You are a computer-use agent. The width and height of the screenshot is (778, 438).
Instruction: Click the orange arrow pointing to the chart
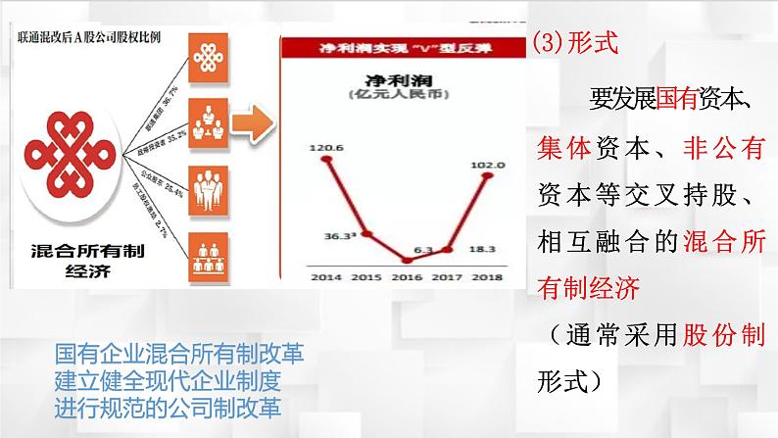point(256,124)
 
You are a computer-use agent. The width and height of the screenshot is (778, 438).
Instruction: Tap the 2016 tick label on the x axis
point(410,278)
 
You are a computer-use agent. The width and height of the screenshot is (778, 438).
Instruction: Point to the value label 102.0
point(487,165)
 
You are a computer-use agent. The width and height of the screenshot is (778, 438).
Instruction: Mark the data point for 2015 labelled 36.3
point(366,233)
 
